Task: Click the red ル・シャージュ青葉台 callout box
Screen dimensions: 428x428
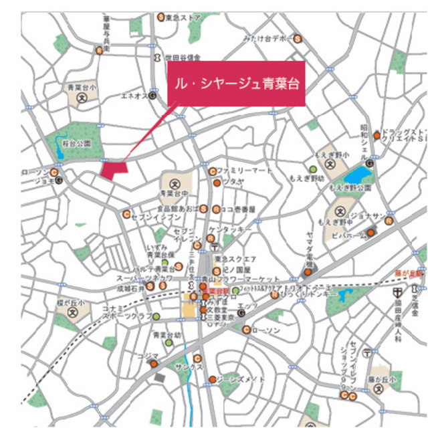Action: tap(235, 84)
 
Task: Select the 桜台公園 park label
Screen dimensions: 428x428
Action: tap(77, 143)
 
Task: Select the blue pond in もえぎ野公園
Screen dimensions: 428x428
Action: tap(358, 175)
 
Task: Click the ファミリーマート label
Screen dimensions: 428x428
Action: tap(243, 171)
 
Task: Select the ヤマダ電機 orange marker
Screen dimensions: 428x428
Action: tap(308, 272)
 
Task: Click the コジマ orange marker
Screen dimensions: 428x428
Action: tap(153, 364)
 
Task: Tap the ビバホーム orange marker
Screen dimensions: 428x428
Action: tap(371, 233)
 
